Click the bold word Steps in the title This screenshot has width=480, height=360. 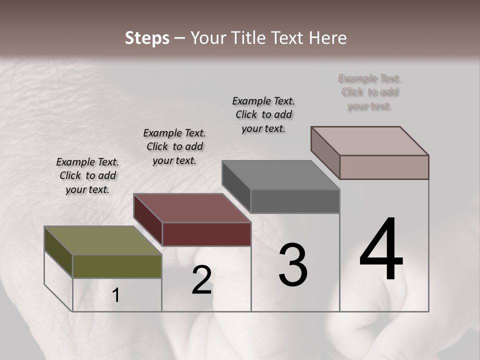coord(147,38)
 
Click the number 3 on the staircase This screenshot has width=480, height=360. coord(293,265)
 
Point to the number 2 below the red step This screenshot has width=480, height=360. coord(202,280)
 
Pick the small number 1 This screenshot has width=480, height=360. coord(115,295)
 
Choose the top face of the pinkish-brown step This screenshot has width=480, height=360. coord(369,140)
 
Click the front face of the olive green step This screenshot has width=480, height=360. coord(117,266)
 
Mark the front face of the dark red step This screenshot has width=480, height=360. coord(206,234)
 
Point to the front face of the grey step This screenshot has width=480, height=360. coord(295,201)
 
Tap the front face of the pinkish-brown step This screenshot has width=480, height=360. coord(384,167)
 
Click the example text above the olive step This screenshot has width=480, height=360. coord(87,175)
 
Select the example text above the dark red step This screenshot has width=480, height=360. coord(174,146)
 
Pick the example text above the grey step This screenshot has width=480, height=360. coord(263,114)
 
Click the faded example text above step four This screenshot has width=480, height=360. coord(370,92)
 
